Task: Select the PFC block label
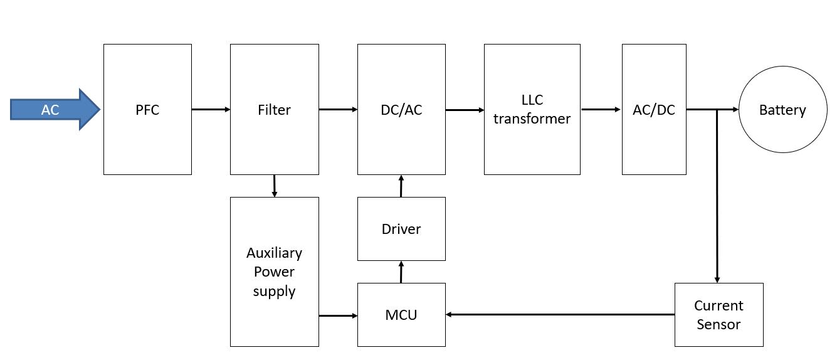147,110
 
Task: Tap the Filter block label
274,110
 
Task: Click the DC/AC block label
401,110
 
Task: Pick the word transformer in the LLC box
532,119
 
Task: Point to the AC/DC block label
654,110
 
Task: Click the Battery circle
782,110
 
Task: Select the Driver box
401,229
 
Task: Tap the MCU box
401,315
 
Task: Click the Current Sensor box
719,315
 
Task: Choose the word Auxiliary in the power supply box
274,253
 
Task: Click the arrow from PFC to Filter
211,110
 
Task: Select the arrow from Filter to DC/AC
338,110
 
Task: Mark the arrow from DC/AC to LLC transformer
465,110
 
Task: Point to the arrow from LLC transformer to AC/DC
601,110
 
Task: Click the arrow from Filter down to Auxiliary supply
274,186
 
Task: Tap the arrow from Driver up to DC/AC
401,186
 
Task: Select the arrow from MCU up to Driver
401,272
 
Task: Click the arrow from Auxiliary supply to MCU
338,315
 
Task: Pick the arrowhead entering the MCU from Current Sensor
450,314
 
